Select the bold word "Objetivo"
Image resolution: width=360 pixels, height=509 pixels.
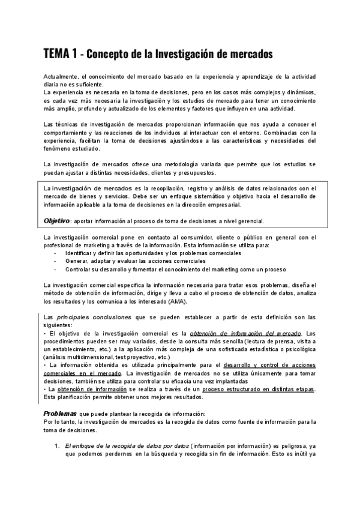point(57,221)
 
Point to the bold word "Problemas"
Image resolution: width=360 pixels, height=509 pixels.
point(60,414)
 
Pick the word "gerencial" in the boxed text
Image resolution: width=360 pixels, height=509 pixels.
point(245,221)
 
